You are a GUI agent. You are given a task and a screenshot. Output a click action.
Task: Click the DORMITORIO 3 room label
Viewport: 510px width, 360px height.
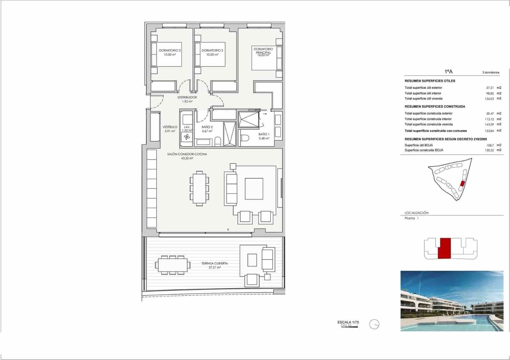point(170,51)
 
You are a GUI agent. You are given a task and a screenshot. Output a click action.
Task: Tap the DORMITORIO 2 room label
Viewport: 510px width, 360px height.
point(212,51)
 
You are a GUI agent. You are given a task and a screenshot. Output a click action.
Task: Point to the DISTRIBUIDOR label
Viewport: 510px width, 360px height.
point(187,97)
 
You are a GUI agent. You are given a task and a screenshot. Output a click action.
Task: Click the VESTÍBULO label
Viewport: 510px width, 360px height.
point(170,127)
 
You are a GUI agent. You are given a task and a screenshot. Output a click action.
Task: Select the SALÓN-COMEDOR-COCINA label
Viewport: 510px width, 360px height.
point(187,154)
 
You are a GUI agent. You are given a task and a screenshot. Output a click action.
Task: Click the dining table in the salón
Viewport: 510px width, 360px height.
point(200,188)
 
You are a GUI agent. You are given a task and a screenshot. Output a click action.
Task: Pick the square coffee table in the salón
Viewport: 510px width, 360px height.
point(254,189)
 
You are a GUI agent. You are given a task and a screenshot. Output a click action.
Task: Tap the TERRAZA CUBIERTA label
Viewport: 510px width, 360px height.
point(215,263)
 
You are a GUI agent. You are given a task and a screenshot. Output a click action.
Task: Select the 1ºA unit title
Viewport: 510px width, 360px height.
point(448,72)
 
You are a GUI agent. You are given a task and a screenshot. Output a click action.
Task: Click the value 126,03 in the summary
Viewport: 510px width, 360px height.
point(489,99)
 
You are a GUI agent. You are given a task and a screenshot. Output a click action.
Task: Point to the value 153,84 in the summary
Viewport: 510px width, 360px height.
point(489,131)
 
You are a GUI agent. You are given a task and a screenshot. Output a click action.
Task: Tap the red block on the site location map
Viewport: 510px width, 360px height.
point(463,183)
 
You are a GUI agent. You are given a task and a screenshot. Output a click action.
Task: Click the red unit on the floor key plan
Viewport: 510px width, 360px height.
point(444,248)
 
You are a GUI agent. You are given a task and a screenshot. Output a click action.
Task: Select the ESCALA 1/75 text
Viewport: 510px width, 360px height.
point(348,322)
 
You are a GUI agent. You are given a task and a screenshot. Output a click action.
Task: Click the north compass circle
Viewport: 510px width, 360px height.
point(374,324)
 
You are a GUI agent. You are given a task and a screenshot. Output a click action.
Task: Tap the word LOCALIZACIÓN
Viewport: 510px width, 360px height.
point(417,213)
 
